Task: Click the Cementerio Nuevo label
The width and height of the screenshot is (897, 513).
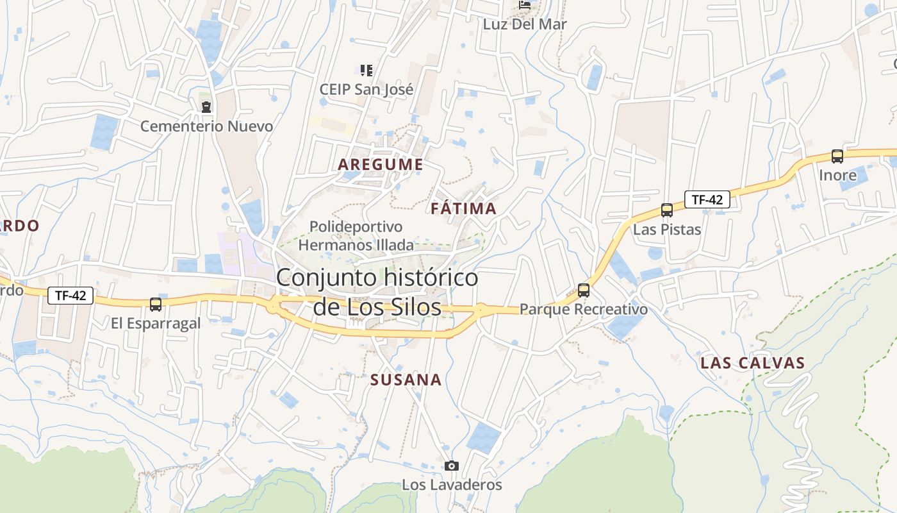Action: (206, 126)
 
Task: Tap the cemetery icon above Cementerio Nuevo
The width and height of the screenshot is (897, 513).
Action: (206, 106)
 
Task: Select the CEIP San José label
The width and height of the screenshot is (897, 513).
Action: (366, 89)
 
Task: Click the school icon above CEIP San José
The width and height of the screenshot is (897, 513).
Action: (366, 70)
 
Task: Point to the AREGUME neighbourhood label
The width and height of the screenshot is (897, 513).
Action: (381, 165)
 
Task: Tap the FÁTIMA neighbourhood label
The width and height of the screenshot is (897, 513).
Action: (464, 208)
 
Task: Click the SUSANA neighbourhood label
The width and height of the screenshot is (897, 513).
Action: (406, 380)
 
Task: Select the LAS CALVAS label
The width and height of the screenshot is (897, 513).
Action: (752, 363)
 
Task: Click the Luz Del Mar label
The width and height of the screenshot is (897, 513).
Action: (525, 25)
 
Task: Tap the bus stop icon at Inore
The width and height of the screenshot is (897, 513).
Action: (837, 156)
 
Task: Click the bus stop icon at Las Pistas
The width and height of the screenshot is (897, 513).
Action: (667, 210)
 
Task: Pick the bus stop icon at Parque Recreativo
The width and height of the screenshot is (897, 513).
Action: (584, 290)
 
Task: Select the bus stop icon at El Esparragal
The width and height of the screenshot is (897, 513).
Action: (156, 305)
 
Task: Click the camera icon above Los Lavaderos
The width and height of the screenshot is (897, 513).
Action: (452, 466)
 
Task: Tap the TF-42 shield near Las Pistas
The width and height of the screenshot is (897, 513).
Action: (707, 199)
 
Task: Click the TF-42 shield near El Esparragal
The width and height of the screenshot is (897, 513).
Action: (70, 296)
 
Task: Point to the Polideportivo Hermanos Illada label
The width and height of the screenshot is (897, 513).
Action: (356, 235)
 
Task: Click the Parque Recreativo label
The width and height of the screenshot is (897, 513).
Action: (584, 309)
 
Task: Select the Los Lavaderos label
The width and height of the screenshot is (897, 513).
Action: (452, 485)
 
